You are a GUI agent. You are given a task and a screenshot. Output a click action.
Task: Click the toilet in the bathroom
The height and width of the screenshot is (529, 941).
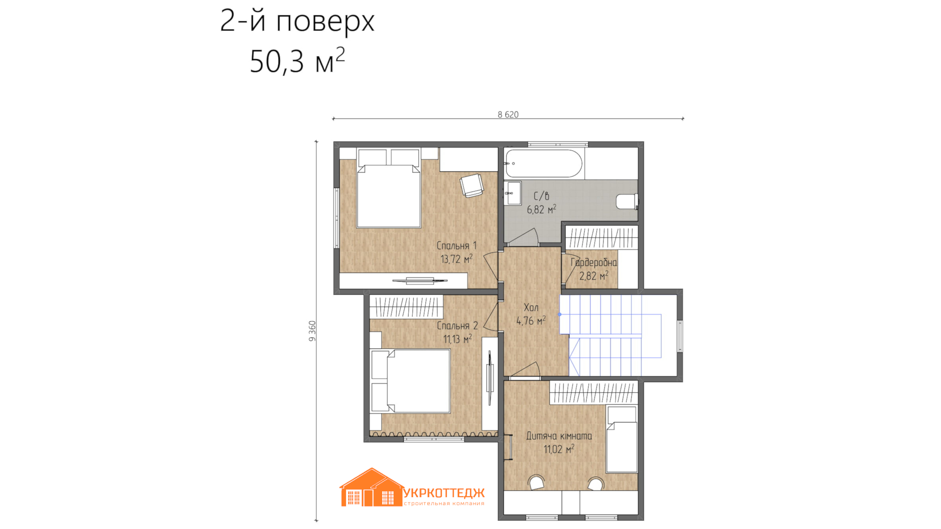point(627,202)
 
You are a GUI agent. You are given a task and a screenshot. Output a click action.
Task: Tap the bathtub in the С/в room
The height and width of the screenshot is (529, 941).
point(544,163)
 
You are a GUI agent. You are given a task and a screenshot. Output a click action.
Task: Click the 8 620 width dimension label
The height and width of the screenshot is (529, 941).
point(508,115)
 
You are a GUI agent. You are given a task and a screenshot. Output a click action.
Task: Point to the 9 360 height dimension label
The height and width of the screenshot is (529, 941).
point(312,331)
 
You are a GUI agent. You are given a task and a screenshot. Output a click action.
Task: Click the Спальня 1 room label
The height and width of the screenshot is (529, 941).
point(456,246)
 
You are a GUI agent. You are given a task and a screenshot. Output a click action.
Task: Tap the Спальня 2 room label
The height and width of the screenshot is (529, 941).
point(457,326)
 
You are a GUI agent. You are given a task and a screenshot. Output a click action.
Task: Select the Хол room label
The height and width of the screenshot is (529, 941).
point(531,308)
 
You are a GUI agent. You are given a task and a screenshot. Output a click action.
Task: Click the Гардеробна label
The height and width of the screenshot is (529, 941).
point(594,263)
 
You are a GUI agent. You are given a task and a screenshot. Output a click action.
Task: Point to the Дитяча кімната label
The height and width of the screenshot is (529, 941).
point(559,436)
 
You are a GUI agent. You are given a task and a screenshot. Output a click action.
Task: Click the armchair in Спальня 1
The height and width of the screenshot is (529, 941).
point(471,186)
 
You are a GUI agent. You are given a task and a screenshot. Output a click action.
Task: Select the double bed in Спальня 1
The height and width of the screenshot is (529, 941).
point(389,189)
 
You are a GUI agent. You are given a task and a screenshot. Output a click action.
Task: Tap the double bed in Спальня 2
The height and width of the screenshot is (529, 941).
point(410,381)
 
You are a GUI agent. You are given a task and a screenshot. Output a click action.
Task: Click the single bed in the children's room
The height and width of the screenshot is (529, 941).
point(622,440)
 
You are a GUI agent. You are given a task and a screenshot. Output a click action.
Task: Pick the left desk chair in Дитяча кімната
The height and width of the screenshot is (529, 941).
point(537,482)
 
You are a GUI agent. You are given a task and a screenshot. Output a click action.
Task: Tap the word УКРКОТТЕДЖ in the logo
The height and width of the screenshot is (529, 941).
point(444,493)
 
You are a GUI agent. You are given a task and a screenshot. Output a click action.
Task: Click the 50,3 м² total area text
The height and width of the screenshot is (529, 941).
point(297,61)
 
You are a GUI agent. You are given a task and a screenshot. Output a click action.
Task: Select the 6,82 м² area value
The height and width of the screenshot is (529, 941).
point(542,210)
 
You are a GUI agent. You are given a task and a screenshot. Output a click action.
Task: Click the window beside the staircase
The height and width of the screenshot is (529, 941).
point(680,336)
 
